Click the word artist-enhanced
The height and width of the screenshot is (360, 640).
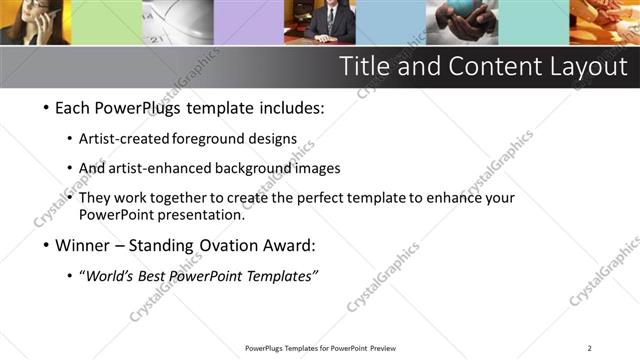178,169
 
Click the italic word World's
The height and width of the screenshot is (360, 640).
109,276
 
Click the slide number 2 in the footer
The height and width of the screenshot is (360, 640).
589,348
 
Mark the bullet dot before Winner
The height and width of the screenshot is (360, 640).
48,245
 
